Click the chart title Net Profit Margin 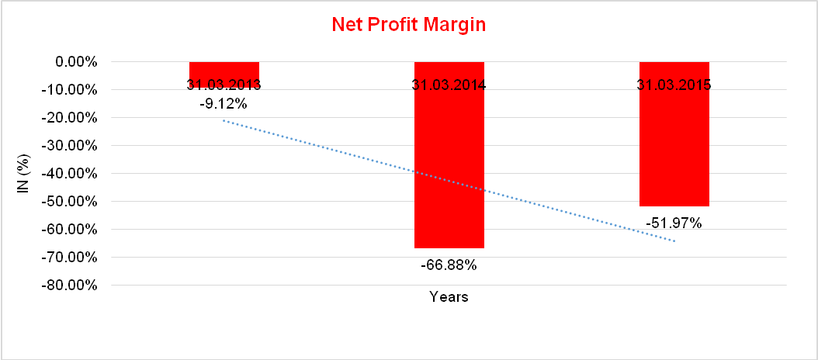pos(408,24)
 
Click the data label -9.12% pos(224,102)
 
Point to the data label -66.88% pos(449,265)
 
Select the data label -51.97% pos(674,223)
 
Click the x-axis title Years pos(449,297)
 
